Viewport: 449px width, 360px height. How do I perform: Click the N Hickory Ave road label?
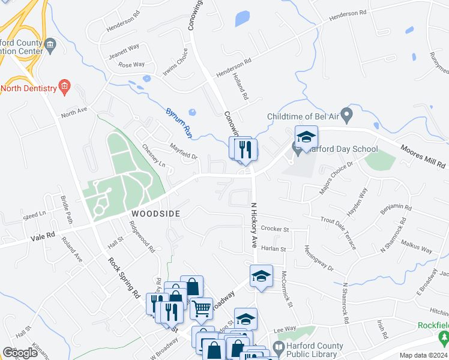click(x=253, y=225)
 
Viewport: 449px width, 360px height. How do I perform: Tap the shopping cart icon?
click(x=202, y=308)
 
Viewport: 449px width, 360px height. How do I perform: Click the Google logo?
click(x=20, y=353)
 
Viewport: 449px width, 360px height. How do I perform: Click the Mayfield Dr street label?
click(x=183, y=152)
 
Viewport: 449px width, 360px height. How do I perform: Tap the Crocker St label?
click(x=276, y=229)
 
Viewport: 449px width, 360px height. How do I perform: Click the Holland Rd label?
click(x=245, y=88)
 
